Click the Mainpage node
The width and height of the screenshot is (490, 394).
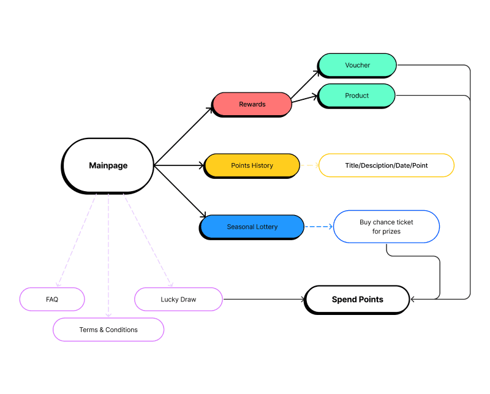coord(108,165)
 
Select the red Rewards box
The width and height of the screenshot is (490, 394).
coord(252,104)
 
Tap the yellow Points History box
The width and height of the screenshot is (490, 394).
coord(252,165)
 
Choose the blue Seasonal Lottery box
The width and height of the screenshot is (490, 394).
coord(252,227)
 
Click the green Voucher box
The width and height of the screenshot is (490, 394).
coord(357,65)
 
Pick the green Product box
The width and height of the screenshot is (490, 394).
coord(356,96)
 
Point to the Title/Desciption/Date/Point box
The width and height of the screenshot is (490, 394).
coord(386,165)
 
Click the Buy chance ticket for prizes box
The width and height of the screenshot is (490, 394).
coord(386,227)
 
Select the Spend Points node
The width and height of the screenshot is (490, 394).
coord(357,300)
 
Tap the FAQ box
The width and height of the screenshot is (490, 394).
coord(52,299)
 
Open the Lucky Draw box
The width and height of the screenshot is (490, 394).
coord(178,299)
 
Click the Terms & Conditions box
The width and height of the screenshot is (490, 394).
coord(108,330)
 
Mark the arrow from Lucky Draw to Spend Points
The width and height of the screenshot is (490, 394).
coord(263,300)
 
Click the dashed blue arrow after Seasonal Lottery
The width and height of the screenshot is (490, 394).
coord(318,227)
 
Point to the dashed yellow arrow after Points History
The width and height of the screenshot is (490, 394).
coord(309,165)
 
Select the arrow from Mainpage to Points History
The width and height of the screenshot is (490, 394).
coord(179,165)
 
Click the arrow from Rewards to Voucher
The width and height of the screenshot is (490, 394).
coord(305,85)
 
